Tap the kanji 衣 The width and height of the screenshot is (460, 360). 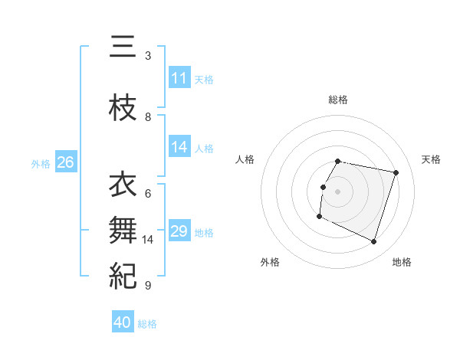[x=123, y=185]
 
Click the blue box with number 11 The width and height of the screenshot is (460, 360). [x=179, y=78]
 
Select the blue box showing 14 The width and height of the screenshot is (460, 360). [x=179, y=147]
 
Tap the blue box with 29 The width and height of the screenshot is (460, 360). [x=179, y=231]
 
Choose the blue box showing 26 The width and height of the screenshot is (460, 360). [x=65, y=162]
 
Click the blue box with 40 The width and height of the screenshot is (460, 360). [x=123, y=322]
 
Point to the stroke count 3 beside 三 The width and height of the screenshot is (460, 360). [x=148, y=56]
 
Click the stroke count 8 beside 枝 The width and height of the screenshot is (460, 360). [x=148, y=117]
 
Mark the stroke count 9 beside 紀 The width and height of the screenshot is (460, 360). [x=148, y=286]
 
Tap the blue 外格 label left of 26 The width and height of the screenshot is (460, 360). [x=41, y=163]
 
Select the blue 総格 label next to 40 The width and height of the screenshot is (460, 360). [x=147, y=323]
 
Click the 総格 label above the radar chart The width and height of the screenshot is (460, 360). [x=337, y=100]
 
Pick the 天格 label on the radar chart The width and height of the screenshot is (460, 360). [x=431, y=159]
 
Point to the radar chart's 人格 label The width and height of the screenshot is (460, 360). [x=245, y=159]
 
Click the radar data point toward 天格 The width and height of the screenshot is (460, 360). [x=396, y=172]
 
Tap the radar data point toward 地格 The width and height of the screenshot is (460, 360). [x=373, y=242]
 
